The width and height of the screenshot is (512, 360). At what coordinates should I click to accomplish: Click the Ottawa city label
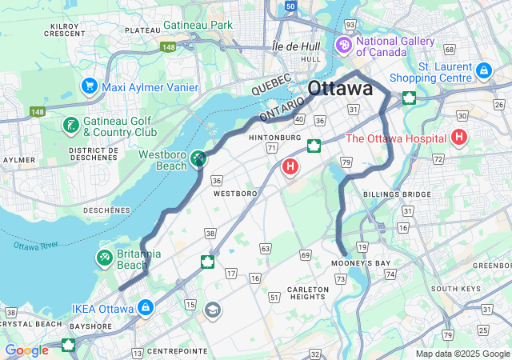(340, 88)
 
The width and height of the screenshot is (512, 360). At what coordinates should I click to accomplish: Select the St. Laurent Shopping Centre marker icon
(483, 71)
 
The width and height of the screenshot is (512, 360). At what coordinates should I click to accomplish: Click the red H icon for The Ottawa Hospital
(459, 138)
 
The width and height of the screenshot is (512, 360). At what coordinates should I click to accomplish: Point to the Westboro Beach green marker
(198, 160)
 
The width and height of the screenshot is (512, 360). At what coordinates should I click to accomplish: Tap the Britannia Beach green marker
(105, 258)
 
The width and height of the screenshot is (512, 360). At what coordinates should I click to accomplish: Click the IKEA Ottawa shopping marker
(146, 307)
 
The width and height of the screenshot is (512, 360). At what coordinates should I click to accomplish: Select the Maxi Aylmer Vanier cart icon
(89, 85)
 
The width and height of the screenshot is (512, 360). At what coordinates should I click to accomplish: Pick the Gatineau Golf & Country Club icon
(71, 126)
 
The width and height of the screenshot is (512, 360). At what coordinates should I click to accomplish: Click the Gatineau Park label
(198, 25)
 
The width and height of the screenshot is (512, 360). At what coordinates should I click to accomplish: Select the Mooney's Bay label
(362, 263)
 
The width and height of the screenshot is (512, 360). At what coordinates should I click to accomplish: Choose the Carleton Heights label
(307, 293)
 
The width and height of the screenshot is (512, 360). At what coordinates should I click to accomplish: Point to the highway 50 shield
(290, 6)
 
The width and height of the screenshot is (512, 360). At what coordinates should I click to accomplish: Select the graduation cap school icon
(213, 310)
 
